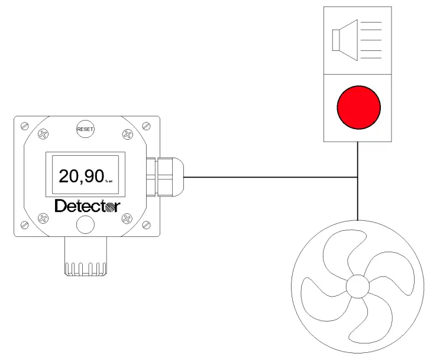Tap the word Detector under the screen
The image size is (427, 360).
coord(87,207)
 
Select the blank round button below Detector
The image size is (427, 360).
coord(85,224)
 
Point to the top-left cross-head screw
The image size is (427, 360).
coord(43,134)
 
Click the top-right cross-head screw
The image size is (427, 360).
coord(127,134)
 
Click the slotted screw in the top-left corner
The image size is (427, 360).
coord(24,126)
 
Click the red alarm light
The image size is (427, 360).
coord(358,107)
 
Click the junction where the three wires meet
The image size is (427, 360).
coord(358,176)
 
